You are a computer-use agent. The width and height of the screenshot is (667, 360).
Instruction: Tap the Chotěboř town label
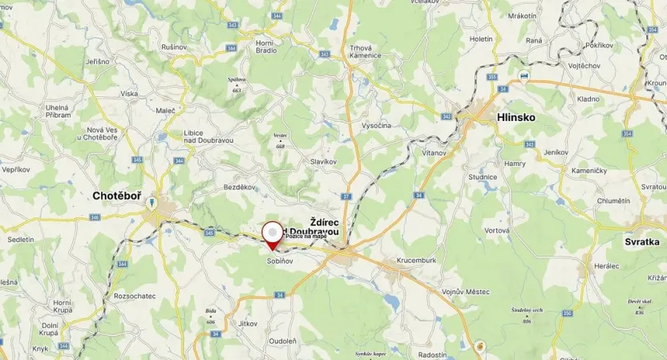(x=119, y=195)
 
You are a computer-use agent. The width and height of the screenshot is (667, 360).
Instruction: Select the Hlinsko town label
(x=516, y=117)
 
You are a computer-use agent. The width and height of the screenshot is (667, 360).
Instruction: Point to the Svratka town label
(x=645, y=241)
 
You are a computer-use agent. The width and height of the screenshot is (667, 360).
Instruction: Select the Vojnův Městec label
(x=465, y=292)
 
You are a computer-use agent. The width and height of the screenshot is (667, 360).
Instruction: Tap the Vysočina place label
(x=376, y=126)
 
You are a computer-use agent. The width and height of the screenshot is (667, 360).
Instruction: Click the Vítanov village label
(x=434, y=152)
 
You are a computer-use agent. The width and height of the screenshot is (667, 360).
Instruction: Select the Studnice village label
(x=483, y=177)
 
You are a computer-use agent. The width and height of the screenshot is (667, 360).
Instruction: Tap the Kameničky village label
(x=590, y=171)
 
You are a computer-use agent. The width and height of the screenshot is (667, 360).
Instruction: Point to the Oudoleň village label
(x=283, y=340)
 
